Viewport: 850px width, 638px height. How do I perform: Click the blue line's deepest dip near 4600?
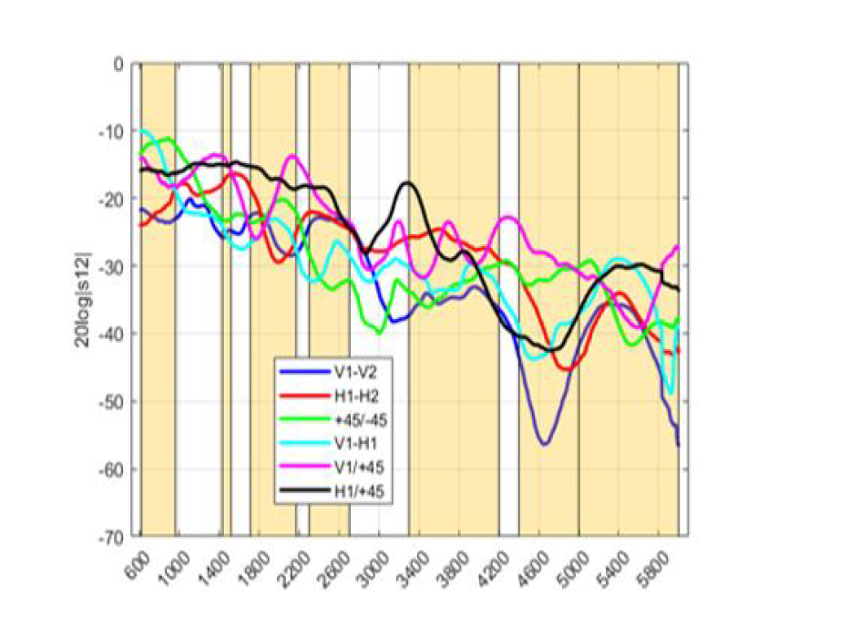click(544, 444)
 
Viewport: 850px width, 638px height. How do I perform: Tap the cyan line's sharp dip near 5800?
click(671, 394)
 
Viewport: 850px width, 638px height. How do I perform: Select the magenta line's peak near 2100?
click(292, 156)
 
